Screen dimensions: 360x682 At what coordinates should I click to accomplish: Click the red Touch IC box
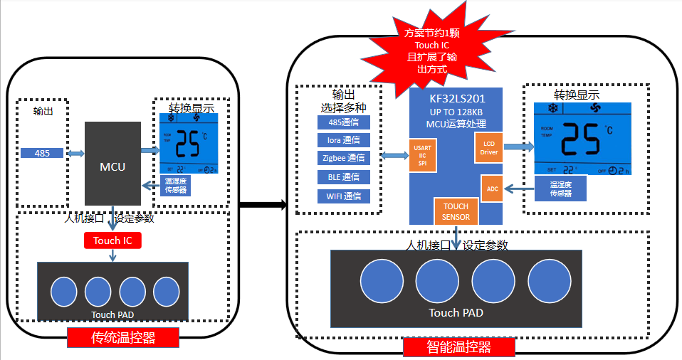[x=112, y=240]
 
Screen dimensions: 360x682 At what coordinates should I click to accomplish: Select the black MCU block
[x=112, y=164]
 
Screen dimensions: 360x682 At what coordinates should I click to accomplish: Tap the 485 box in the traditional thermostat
[x=43, y=153]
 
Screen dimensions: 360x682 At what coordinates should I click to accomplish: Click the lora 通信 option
[x=344, y=140]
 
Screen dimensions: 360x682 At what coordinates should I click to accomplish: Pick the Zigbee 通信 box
[x=344, y=159]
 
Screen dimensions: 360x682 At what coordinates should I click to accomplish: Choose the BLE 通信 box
[x=344, y=177]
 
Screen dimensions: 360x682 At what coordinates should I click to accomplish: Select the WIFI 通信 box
[x=344, y=196]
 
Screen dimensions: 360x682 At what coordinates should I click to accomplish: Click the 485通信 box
[x=344, y=122]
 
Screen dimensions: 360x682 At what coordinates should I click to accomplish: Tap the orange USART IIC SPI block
[x=421, y=155]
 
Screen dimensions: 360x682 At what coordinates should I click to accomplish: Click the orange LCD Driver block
[x=488, y=147]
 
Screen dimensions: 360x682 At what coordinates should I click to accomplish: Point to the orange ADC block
[x=492, y=189]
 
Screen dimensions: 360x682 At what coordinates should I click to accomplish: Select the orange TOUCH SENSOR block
[x=456, y=211]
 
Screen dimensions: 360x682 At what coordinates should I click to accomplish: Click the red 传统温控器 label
[x=122, y=338]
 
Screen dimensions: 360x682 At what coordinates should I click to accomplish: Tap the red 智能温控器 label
[x=459, y=347]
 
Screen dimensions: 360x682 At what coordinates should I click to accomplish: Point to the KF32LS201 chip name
[x=456, y=99]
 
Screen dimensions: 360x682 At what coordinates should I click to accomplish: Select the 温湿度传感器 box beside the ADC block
[x=561, y=189]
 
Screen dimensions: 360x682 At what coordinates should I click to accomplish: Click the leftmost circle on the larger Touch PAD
[x=382, y=282]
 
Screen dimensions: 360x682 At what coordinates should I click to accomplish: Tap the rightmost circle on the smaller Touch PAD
[x=167, y=291]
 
